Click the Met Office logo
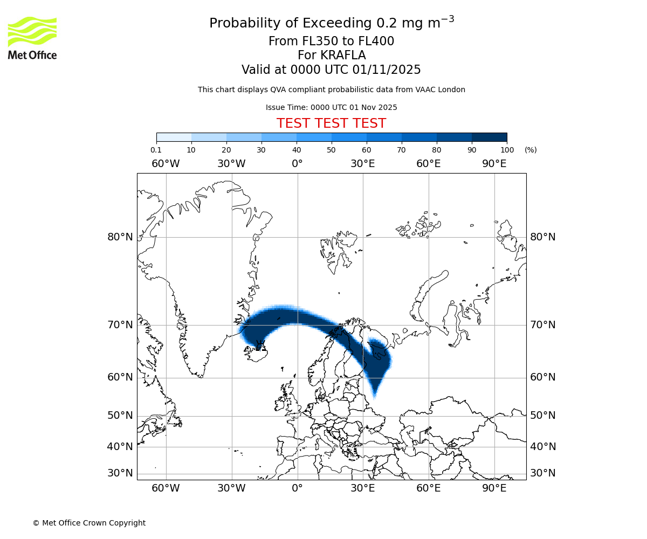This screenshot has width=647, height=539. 32,38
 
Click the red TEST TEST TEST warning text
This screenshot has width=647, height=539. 331,123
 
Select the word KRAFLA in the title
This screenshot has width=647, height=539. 343,56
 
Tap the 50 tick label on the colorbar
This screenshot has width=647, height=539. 331,150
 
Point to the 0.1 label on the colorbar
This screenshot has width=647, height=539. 156,150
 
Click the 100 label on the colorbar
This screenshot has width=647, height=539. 507,150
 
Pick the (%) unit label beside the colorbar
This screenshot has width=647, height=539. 531,150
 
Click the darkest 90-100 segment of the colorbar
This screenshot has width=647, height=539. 489,137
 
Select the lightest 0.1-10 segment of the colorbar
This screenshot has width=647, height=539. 174,137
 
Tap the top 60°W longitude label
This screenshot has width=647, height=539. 166,164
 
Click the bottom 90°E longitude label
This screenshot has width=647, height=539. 494,488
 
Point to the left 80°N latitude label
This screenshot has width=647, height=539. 120,237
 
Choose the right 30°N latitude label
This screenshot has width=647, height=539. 543,473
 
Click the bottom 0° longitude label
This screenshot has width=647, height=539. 297,488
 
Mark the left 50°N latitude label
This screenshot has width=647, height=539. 120,416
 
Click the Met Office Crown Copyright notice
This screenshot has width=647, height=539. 89,523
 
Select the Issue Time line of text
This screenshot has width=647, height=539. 331,107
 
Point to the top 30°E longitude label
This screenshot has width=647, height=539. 362,164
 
